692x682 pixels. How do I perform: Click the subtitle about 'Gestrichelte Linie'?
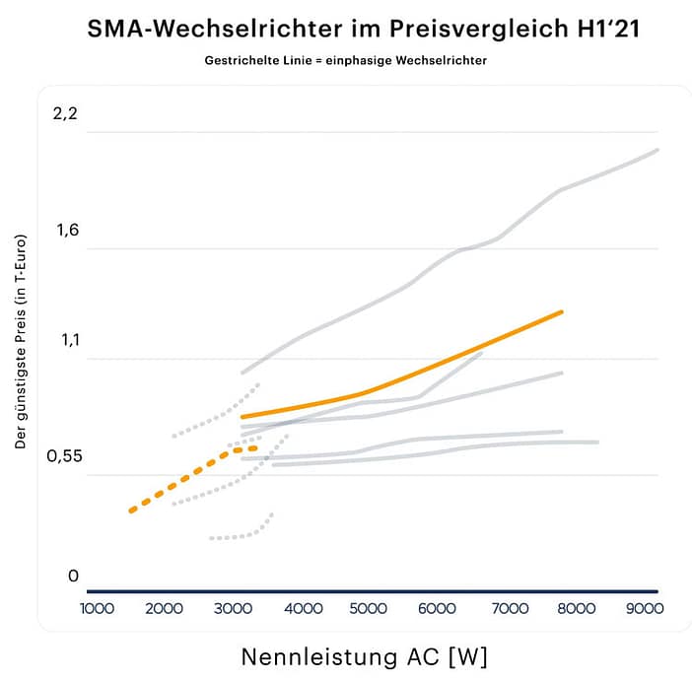(x=345, y=60)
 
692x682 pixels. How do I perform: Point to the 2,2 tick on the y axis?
(x=65, y=113)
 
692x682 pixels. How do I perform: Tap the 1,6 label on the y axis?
(x=65, y=231)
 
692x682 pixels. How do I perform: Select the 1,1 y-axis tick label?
(x=65, y=341)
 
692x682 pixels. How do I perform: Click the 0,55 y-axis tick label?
(x=61, y=457)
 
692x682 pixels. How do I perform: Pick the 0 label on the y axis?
(x=72, y=576)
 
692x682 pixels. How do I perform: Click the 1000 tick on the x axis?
(x=98, y=609)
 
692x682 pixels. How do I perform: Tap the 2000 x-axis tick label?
(x=166, y=609)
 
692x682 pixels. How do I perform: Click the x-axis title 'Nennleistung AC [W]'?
(x=364, y=655)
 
